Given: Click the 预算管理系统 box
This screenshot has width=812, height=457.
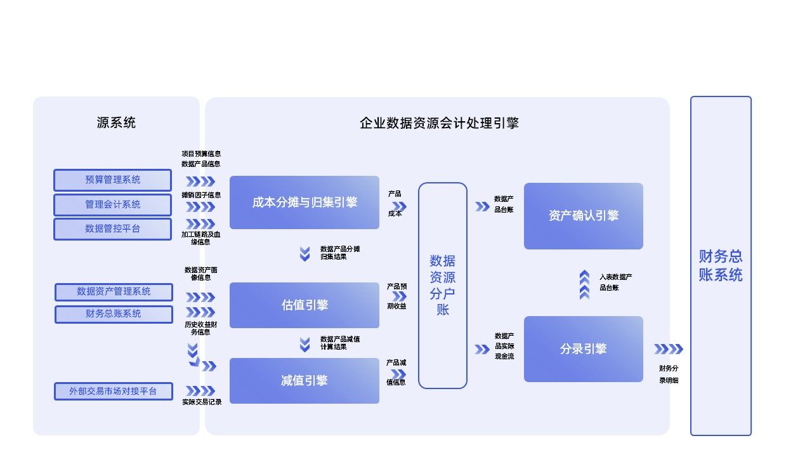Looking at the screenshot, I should [x=112, y=180].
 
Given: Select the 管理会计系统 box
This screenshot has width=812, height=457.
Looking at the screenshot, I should [x=112, y=204].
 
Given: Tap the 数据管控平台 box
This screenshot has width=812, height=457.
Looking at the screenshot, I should [x=112, y=228].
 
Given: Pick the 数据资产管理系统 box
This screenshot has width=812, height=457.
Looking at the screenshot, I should [x=114, y=292].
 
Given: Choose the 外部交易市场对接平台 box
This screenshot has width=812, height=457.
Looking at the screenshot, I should [x=113, y=391].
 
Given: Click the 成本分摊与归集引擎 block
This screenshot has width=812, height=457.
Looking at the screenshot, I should [x=304, y=202].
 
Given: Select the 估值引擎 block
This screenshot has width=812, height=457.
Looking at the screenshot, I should [x=304, y=305].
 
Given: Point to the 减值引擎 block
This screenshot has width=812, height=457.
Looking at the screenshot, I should [x=304, y=381].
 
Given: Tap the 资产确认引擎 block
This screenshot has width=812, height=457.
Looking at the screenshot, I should [x=583, y=216].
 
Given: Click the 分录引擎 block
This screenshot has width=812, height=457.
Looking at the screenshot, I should [x=583, y=349].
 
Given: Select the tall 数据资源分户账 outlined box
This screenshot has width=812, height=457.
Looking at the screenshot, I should [x=443, y=286].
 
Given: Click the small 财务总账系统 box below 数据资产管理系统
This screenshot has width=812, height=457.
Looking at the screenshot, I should [x=114, y=314].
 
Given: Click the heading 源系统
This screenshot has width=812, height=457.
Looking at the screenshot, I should [x=116, y=123].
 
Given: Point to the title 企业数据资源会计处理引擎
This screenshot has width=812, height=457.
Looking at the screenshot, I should [x=439, y=123].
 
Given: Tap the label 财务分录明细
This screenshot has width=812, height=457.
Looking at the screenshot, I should [x=669, y=374].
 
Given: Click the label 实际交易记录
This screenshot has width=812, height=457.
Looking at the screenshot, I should [x=202, y=402].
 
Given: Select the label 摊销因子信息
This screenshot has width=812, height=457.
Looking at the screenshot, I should [x=201, y=195].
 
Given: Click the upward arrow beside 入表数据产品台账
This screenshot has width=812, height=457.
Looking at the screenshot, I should [x=584, y=284].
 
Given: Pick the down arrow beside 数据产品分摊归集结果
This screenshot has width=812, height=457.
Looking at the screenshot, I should [x=305, y=253].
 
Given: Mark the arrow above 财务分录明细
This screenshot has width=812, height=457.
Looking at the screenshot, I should [x=669, y=349].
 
